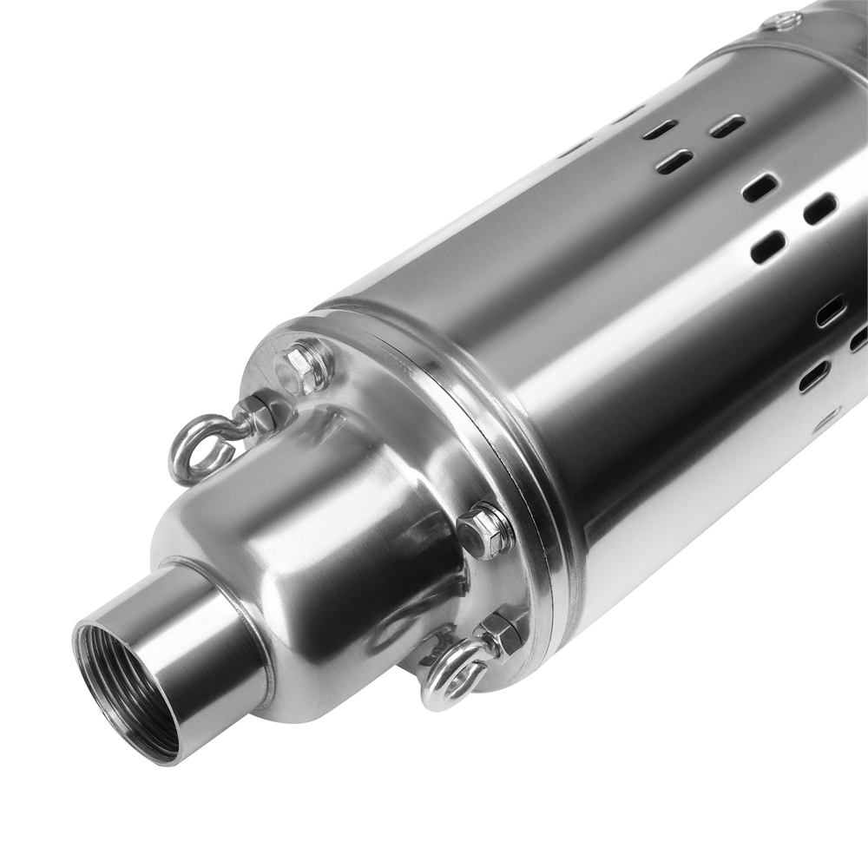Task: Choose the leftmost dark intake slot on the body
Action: pos(660,130)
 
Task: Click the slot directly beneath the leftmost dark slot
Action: pos(674,161)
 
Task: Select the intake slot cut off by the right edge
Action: pos(859,339)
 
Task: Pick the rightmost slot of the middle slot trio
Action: pos(819,208)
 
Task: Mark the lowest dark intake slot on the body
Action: pos(813,376)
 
